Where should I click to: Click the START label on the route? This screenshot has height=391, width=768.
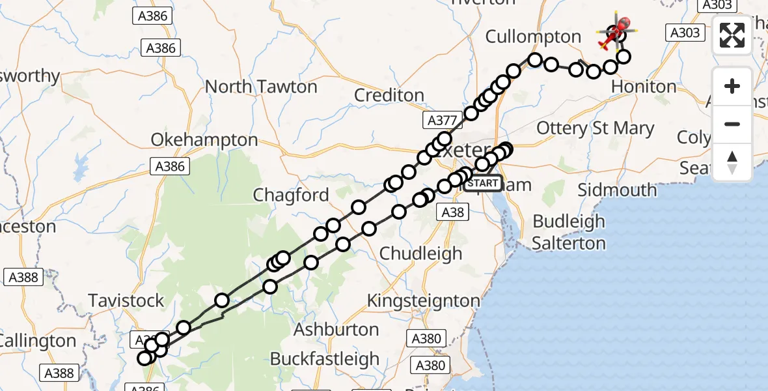(483, 182)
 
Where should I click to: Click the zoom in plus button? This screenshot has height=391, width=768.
(732, 87)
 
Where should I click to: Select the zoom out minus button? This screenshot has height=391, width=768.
(732, 124)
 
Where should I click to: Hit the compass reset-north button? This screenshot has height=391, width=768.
(732, 162)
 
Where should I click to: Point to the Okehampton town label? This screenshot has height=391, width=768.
(204, 140)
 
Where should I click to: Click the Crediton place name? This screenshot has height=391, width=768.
(389, 95)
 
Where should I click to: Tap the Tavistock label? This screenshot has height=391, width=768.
(126, 301)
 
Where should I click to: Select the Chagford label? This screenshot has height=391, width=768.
(291, 195)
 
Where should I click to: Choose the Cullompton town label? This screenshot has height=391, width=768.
(533, 36)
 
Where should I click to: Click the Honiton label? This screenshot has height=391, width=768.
(644, 87)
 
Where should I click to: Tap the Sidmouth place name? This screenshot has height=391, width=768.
(618, 190)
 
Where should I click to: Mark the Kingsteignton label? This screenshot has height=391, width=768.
(424, 301)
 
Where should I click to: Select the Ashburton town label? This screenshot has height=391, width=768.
(336, 330)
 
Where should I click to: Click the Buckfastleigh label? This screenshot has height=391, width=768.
(325, 359)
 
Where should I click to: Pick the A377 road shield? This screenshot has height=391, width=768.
(441, 121)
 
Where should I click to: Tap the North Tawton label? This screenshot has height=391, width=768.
(261, 87)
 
